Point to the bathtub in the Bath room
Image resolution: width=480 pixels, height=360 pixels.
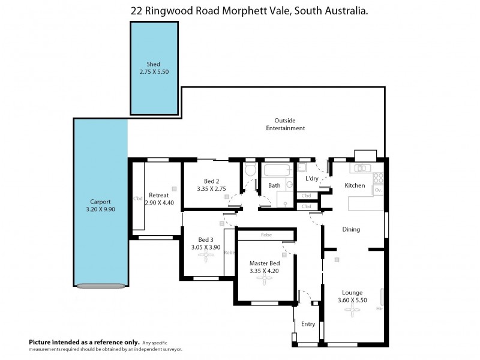pyautogui.click(x=276, y=170)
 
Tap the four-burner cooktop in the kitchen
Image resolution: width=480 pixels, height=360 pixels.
pyautogui.click(x=379, y=178)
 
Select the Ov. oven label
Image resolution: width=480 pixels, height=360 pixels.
pyautogui.click(x=378, y=190)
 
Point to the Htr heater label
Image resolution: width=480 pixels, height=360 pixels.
pyautogui.click(x=379, y=309)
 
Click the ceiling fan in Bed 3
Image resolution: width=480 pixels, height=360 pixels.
pyautogui.click(x=207, y=256)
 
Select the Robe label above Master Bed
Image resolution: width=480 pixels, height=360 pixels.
pyautogui.click(x=266, y=235)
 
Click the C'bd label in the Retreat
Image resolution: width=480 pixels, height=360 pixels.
pyautogui.click(x=137, y=198)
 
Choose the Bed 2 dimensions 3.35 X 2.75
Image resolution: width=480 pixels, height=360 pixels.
pyautogui.click(x=212, y=188)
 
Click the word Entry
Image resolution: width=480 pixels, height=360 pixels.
pyautogui.click(x=308, y=324)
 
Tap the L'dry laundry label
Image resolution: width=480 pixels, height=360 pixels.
pyautogui.click(x=312, y=179)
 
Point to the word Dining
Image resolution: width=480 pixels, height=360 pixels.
pyautogui.click(x=351, y=229)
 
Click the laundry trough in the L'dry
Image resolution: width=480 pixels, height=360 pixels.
pyautogui.click(x=303, y=167)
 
